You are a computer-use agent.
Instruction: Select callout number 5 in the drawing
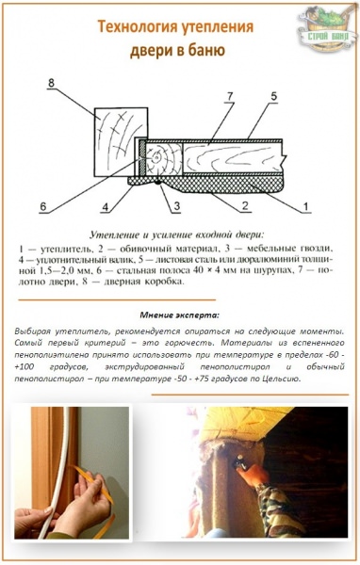point(273,95)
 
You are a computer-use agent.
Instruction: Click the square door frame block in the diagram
point(119,137)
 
